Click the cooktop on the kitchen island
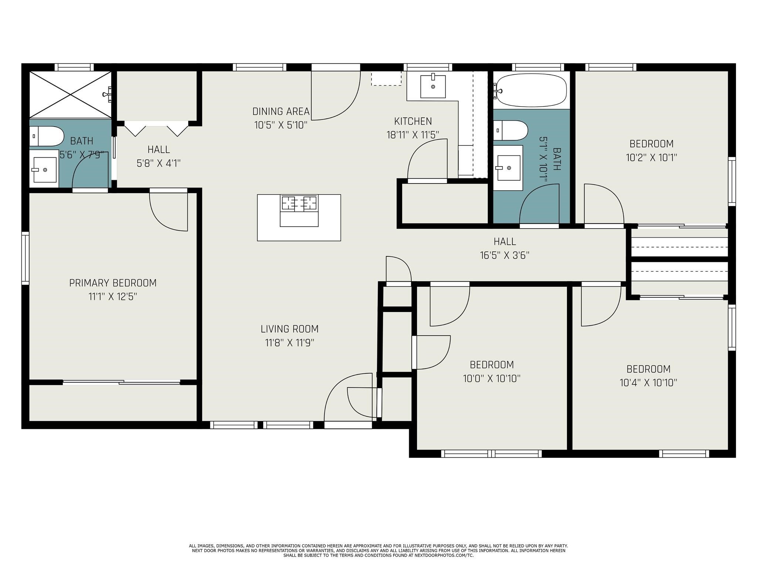(299, 204)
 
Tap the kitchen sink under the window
(433, 86)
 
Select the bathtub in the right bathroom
(531, 90)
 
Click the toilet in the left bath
(47, 136)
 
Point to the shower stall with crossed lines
(70, 95)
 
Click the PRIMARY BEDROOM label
(113, 283)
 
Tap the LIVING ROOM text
(289, 329)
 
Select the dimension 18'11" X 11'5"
(413, 135)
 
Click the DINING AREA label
(281, 111)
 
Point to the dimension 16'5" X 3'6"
(505, 256)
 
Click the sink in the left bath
(44, 170)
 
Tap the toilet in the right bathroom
(511, 130)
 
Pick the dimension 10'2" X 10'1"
(651, 158)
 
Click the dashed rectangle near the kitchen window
(386, 79)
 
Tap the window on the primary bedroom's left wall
(25, 258)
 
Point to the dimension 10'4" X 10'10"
(648, 383)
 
